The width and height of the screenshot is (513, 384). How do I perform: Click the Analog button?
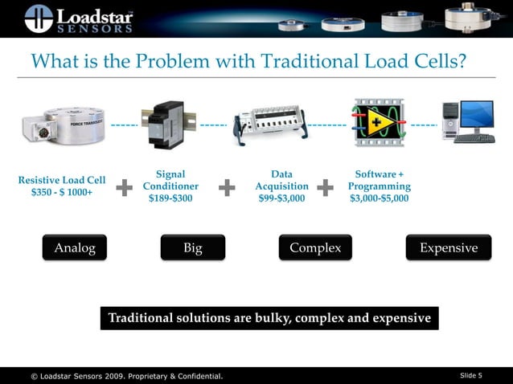pos(74,248)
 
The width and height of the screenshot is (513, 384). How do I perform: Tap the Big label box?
pos(193,248)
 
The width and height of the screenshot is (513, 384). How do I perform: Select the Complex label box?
pos(315,248)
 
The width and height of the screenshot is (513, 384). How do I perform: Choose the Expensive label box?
pos(449,248)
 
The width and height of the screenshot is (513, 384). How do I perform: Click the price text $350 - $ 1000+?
pos(62,194)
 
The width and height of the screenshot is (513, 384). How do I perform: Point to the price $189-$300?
pos(170,198)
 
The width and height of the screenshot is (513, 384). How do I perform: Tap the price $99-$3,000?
pos(281,198)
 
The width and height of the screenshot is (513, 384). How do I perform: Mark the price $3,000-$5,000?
pos(380,198)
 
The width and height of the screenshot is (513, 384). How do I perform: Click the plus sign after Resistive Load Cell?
pos(125,188)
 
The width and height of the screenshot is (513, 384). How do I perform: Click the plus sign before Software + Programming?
pos(326,188)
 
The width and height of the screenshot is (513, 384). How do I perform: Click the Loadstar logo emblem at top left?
pos(38,18)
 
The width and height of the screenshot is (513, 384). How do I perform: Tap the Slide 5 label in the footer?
pos(470,375)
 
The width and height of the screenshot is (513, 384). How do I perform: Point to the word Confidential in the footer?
pos(193,376)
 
